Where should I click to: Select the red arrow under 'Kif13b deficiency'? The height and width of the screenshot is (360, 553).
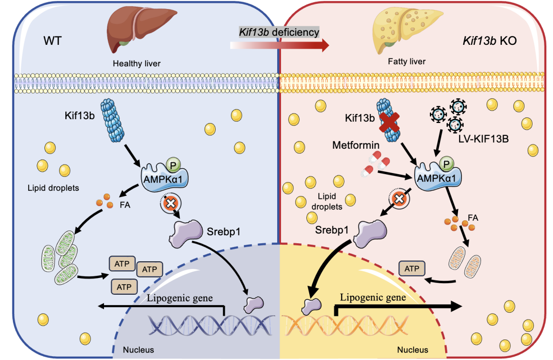[x=280, y=45]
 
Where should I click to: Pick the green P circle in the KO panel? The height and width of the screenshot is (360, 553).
[x=446, y=164]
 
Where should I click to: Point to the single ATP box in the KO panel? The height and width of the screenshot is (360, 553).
[x=412, y=269]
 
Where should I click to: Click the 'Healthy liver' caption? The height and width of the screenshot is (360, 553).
[x=136, y=63]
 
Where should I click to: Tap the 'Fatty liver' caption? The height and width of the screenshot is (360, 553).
[x=407, y=62]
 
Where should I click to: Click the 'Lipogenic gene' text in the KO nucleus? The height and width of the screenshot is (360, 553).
[x=373, y=297]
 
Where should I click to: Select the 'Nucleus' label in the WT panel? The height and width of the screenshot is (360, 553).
[x=138, y=350]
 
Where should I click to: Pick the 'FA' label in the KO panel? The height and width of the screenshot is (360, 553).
[x=473, y=217]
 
